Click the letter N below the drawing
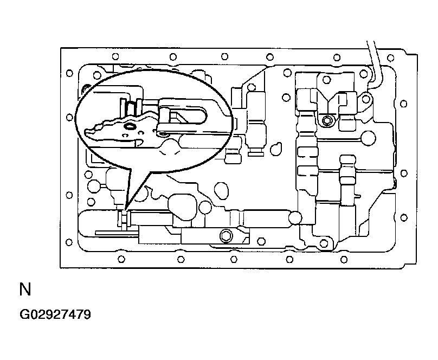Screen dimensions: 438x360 [x=25, y=289]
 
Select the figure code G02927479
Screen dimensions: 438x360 [x=55, y=314]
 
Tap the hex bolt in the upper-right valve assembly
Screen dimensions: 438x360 [x=326, y=121]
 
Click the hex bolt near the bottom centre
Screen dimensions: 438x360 [x=226, y=236]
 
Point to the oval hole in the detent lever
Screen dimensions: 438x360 [x=130, y=126]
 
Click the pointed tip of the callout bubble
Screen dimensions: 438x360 [x=125, y=210]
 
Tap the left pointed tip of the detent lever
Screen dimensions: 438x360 [x=86, y=130]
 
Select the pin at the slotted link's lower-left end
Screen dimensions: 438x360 [x=163, y=134]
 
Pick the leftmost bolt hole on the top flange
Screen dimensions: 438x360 [x=115, y=57]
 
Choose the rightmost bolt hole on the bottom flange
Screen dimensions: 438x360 [x=344, y=260]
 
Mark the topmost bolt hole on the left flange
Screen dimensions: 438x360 [x=69, y=73]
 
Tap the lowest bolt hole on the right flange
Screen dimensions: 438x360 [x=404, y=217]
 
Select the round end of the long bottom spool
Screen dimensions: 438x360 [x=295, y=217]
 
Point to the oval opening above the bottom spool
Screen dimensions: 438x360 [x=221, y=190]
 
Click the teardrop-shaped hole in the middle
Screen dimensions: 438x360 [x=276, y=149]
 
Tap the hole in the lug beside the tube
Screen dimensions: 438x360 [x=366, y=99]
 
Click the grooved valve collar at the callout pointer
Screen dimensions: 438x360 [x=123, y=218]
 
